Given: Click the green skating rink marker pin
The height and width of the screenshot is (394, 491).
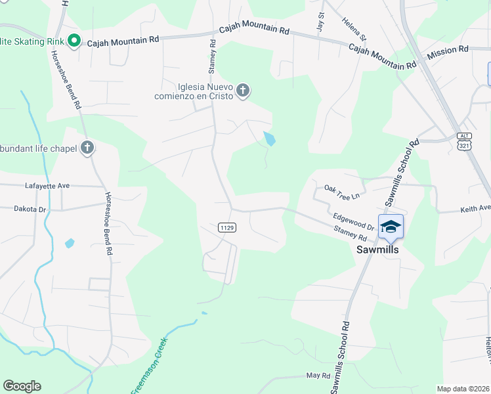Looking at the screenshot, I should (x=74, y=41).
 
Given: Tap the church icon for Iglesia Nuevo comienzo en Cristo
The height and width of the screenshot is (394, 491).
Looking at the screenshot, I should (x=243, y=90).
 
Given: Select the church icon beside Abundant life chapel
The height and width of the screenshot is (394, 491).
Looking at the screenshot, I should (x=87, y=148).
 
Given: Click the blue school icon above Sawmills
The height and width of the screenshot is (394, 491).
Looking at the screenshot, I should (x=391, y=227).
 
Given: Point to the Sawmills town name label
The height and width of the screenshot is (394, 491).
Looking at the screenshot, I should (x=377, y=250).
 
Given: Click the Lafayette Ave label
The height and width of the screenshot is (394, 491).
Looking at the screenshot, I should (x=47, y=186).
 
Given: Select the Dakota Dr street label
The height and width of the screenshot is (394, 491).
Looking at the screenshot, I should (x=30, y=209).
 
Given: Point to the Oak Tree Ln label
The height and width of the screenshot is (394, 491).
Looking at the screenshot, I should (x=342, y=192).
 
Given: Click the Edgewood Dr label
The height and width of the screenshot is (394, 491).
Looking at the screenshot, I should (x=353, y=221).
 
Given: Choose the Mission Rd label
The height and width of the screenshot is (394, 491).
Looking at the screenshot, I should (x=448, y=49).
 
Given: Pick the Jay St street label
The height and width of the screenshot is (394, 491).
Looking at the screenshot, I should (x=321, y=22).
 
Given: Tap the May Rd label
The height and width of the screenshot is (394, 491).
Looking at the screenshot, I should (x=318, y=375).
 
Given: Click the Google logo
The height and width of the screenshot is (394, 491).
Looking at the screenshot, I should (x=22, y=386).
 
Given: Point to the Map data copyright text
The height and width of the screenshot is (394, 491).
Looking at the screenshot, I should (x=463, y=389).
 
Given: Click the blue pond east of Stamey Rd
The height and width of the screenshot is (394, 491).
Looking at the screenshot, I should (x=269, y=139).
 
